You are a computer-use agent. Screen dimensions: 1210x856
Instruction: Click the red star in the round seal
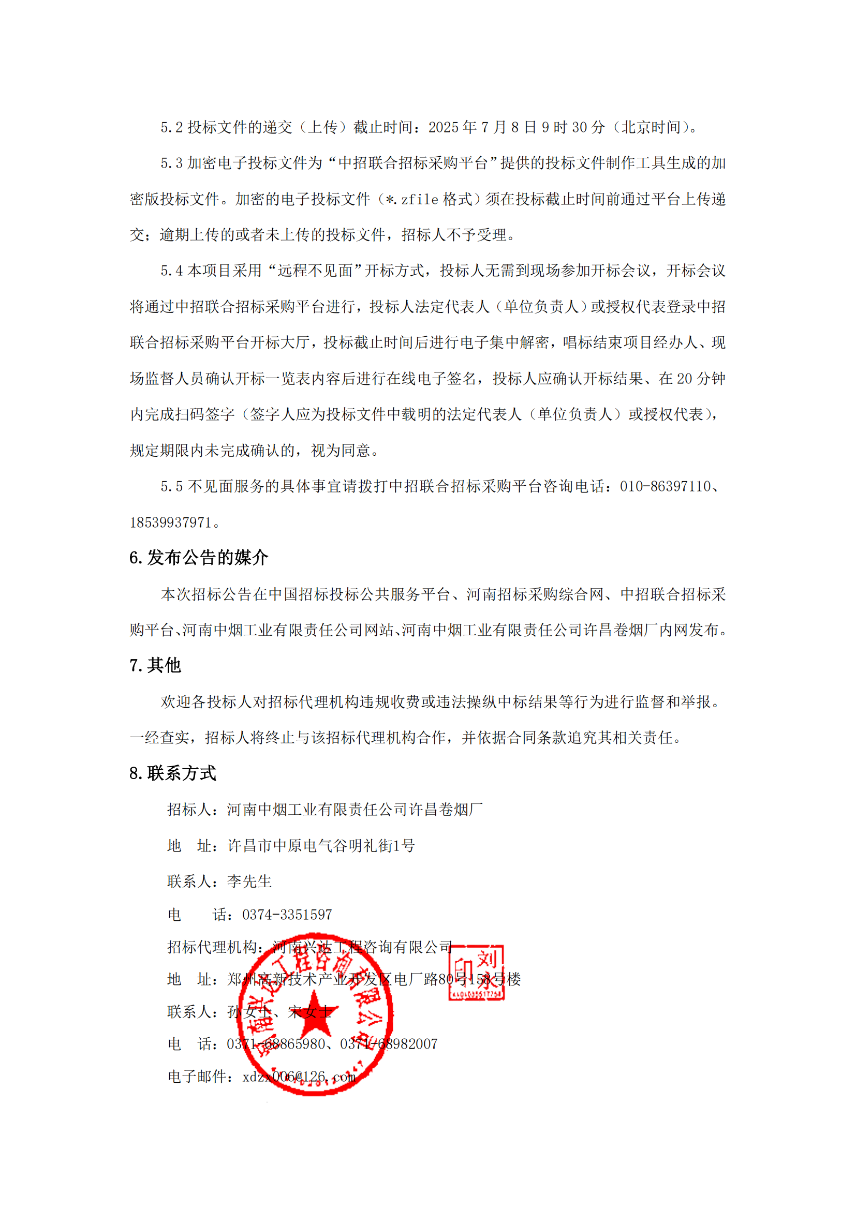pyautogui.click(x=314, y=1013)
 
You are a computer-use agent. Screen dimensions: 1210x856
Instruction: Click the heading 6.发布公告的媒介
pyautogui.click(x=199, y=558)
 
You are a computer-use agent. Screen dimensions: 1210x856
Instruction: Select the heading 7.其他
pyautogui.click(x=155, y=665)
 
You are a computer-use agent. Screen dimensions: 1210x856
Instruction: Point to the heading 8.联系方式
pyautogui.click(x=172, y=773)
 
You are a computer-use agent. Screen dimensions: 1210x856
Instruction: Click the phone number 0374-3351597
pyautogui.click(x=287, y=914)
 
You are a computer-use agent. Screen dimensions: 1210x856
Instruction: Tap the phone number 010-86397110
pyautogui.click(x=665, y=486)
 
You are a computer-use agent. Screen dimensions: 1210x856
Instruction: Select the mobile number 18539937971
pyautogui.click(x=170, y=522)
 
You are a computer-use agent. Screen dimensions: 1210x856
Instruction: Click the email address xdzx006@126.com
pyautogui.click(x=299, y=1077)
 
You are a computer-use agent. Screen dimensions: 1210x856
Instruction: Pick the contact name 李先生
pyautogui.click(x=249, y=881)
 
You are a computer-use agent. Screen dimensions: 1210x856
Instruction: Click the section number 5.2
pyautogui.click(x=171, y=127)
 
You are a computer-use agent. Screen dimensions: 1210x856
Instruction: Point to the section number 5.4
pyautogui.click(x=171, y=271)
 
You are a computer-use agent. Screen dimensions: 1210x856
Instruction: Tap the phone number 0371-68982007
pyautogui.click(x=389, y=1044)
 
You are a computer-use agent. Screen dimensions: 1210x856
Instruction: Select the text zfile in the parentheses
pyautogui.click(x=420, y=199)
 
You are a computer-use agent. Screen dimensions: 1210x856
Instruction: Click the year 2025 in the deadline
pyautogui.click(x=444, y=127)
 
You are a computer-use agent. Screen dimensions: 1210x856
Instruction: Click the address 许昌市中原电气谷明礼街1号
pyautogui.click(x=321, y=845)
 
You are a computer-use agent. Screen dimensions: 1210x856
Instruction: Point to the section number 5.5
pyautogui.click(x=171, y=486)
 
